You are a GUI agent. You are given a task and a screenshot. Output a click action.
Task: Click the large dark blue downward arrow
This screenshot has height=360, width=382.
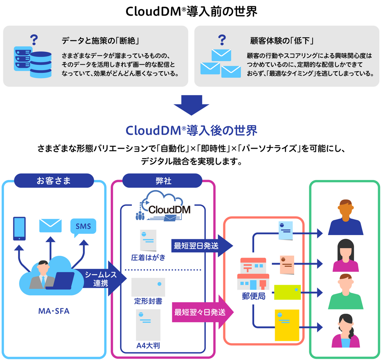click(x=191, y=105)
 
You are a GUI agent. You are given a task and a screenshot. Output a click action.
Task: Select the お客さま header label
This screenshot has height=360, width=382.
click(x=54, y=180)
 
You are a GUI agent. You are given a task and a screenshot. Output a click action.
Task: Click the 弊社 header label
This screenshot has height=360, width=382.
click(x=162, y=180)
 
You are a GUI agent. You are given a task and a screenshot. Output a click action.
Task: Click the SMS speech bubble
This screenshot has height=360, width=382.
click(x=83, y=227)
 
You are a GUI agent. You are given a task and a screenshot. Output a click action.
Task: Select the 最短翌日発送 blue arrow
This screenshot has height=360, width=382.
click(x=200, y=245)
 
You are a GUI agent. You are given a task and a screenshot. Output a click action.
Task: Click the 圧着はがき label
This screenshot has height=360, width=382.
click(x=148, y=258)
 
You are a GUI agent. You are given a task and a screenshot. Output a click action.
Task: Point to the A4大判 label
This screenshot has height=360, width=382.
click(x=148, y=346)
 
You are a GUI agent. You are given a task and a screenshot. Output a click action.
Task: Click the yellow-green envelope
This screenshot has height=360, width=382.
click(x=287, y=292)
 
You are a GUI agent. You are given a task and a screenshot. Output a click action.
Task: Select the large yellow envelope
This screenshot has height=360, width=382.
click(x=287, y=325)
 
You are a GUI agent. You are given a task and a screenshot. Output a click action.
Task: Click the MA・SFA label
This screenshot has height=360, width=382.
click(x=54, y=312)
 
